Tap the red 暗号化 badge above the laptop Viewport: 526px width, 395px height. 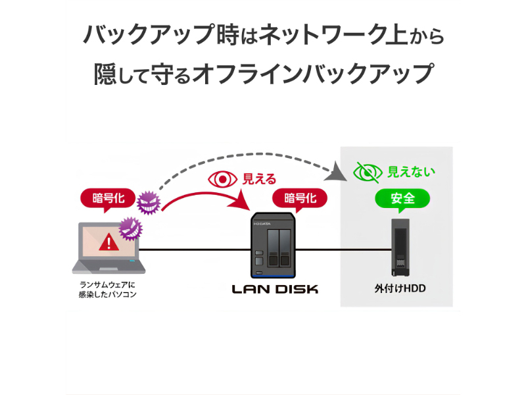point(108,197)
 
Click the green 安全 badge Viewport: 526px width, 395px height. point(402,197)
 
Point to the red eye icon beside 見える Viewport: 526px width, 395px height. point(222,178)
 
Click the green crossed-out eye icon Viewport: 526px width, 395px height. point(367,172)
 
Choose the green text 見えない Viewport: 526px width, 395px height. point(411,172)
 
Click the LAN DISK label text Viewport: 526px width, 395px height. point(275,288)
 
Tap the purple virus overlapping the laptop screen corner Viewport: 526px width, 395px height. point(130,228)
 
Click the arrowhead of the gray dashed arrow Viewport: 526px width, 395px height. point(337,174)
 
